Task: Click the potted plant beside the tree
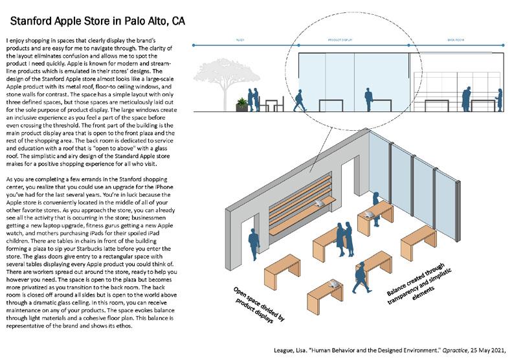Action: click(x=241, y=103)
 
